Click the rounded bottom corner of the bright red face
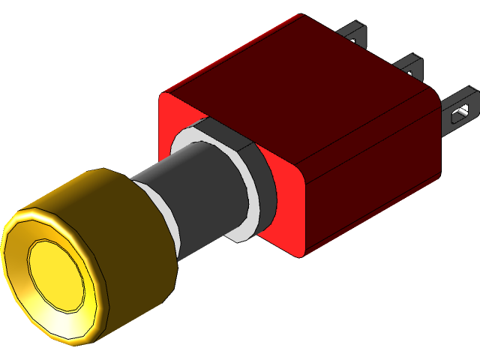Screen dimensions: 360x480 (x=304, y=252)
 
